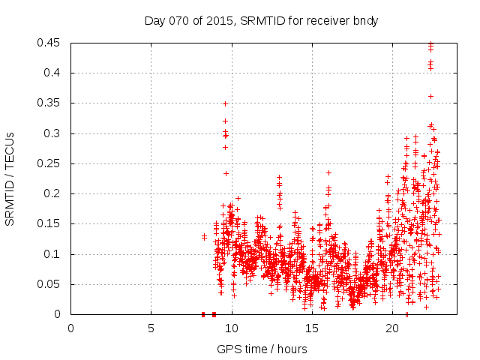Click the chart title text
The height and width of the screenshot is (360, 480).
(x=261, y=21)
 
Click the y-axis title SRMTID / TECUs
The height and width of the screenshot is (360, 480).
(x=10, y=178)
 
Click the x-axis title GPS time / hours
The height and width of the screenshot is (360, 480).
(x=261, y=349)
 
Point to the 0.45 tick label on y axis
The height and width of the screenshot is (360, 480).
(x=51, y=43)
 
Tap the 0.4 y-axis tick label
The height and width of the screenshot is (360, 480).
(x=54, y=73)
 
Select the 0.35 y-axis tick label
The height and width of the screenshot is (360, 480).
(x=51, y=103)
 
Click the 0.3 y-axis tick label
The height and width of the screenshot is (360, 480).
(x=54, y=133)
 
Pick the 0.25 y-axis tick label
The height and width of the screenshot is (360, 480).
(x=51, y=163)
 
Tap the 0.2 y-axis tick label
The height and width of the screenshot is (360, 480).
(x=54, y=193)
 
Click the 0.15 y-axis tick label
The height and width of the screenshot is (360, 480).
(x=51, y=223)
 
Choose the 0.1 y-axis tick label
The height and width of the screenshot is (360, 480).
(x=54, y=254)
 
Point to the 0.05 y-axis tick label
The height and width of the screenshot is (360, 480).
(x=51, y=284)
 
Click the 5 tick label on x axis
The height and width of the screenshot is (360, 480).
(x=151, y=328)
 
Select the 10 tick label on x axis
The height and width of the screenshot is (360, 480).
(x=231, y=328)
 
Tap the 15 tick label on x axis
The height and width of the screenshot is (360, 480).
(x=311, y=328)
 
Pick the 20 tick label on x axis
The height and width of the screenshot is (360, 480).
(x=391, y=328)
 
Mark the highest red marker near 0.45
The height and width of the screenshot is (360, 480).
(x=430, y=43)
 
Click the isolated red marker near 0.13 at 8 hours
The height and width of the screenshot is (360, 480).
(x=204, y=237)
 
